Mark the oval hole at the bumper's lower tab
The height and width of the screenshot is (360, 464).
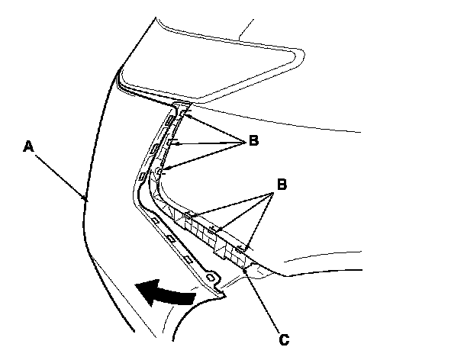(211, 277)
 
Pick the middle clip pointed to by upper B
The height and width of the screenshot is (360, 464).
(172, 142)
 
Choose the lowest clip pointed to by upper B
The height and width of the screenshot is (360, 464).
(159, 174)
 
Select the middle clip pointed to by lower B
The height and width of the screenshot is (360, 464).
(217, 229)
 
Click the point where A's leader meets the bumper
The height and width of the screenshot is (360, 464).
(86, 200)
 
